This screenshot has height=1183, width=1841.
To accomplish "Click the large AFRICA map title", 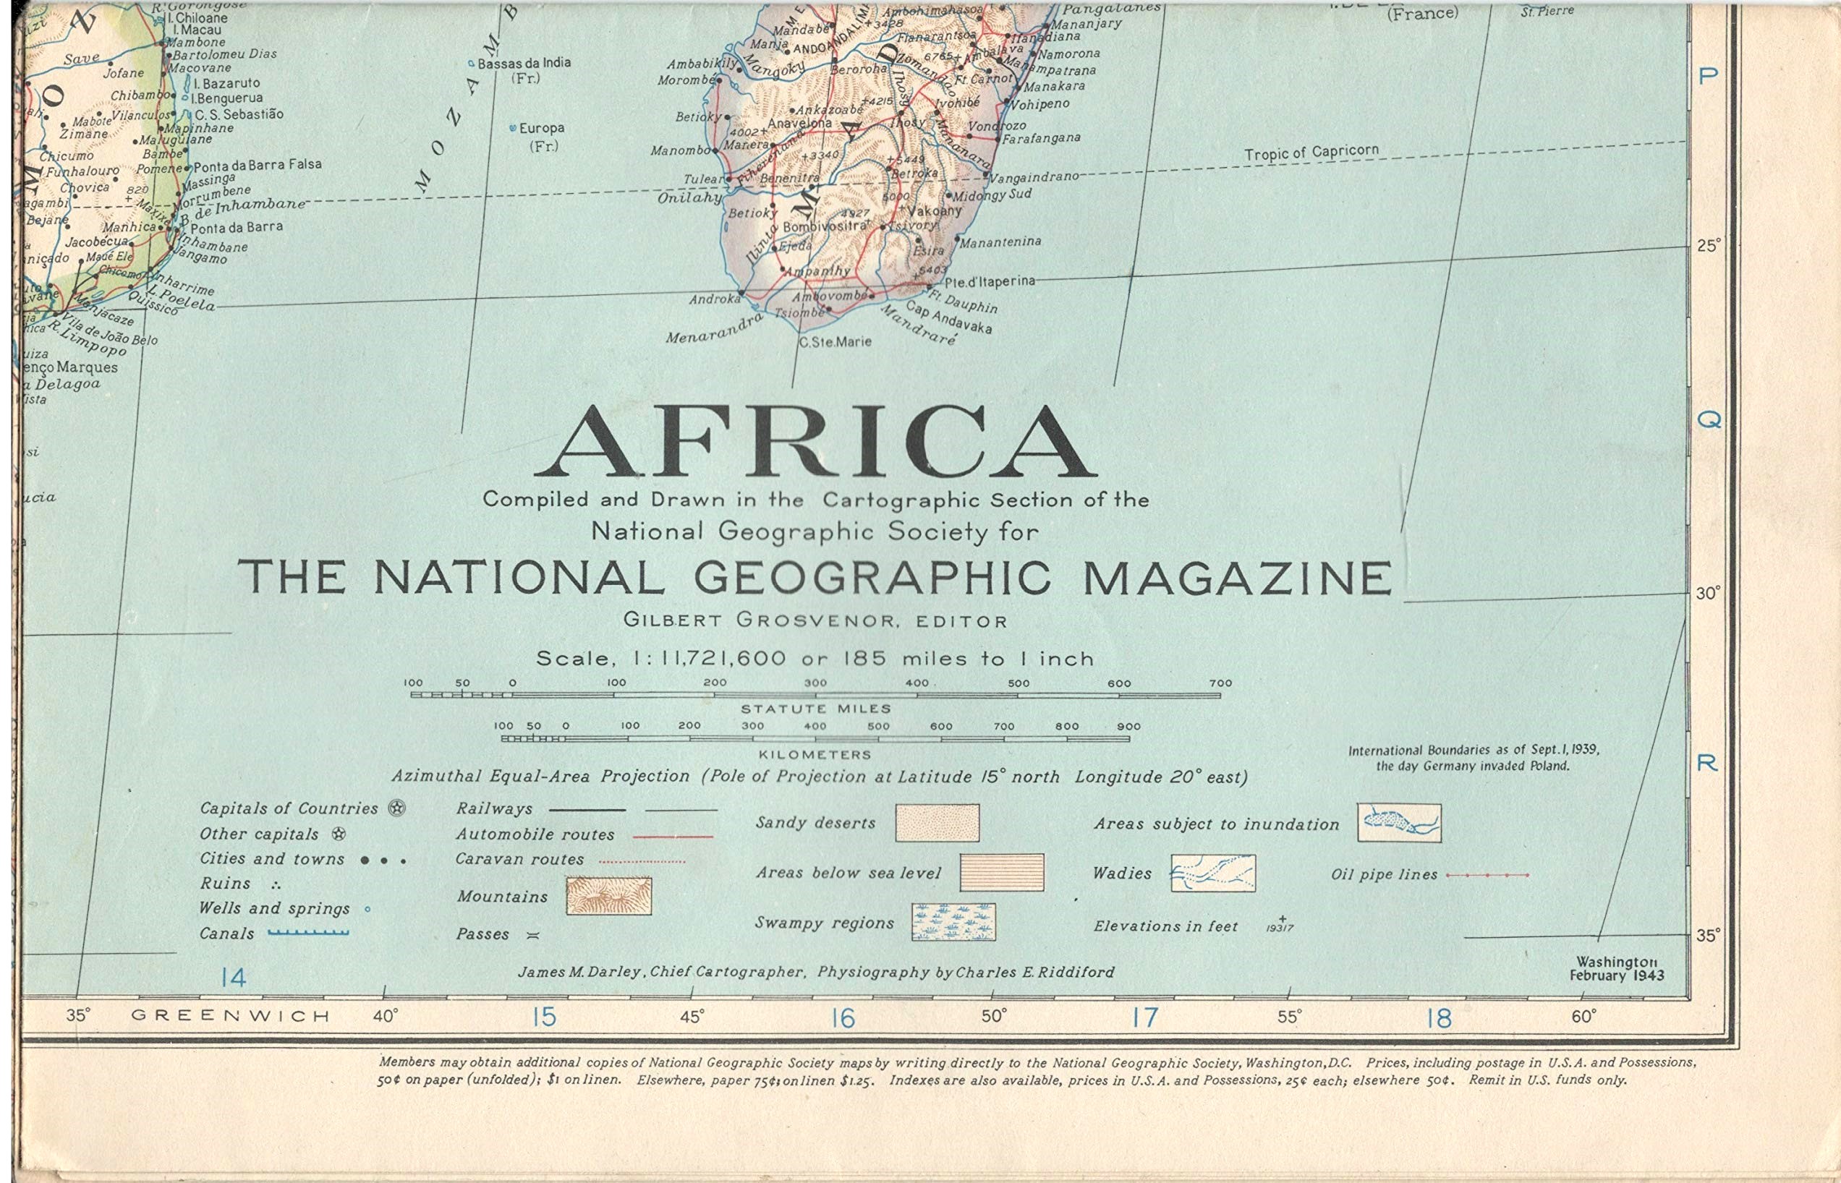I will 815,444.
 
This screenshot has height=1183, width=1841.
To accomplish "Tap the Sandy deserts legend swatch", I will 937,823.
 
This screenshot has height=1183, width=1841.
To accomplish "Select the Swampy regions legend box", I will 953,922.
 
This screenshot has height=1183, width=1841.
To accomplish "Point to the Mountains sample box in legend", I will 608,896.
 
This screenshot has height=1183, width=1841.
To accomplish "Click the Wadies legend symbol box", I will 1212,874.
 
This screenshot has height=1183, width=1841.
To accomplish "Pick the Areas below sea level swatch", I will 1002,873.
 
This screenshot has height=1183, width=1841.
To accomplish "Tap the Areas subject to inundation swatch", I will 1398,823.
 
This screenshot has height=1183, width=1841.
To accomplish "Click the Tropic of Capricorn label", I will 1311,153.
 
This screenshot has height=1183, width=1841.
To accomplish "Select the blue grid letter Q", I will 1707,420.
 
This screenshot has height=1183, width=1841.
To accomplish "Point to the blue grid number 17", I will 1144,1019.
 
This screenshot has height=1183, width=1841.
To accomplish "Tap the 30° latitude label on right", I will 1708,594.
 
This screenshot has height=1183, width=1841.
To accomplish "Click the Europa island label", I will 542,128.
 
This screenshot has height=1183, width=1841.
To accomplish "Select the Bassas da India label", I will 524,63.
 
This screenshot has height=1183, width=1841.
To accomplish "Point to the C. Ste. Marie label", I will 836,342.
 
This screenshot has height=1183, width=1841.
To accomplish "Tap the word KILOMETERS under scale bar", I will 815,755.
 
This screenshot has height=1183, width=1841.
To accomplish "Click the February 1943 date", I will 1616,975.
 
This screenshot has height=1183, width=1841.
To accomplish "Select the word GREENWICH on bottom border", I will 231,1016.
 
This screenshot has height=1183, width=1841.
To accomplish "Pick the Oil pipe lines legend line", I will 1487,875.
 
